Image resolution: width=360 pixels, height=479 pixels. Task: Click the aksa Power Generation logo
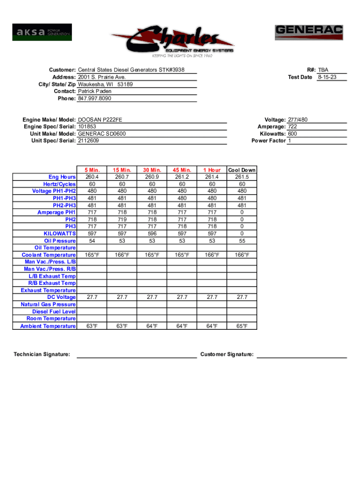point(42,32)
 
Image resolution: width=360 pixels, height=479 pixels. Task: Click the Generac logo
point(309,33)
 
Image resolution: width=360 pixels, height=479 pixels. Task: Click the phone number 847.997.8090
point(94,99)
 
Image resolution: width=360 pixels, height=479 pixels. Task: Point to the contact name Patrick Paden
point(94,92)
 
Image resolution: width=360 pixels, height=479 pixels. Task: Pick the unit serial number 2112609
point(88,141)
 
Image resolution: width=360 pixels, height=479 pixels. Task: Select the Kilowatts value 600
point(293,134)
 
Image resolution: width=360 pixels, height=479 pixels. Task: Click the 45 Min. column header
point(182,170)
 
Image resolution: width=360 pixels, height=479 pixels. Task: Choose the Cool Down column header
point(242,170)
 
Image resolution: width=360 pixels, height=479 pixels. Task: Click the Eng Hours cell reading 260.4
point(92,177)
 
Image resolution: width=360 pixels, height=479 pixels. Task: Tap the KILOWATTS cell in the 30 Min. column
point(152,233)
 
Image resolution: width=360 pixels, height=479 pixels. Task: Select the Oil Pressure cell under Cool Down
point(242,240)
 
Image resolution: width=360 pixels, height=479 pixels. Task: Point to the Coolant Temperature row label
point(49,255)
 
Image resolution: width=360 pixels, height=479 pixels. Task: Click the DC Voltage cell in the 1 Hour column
point(212,298)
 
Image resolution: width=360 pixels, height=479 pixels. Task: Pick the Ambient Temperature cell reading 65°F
point(242,326)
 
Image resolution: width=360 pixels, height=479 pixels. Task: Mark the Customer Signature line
point(302,357)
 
